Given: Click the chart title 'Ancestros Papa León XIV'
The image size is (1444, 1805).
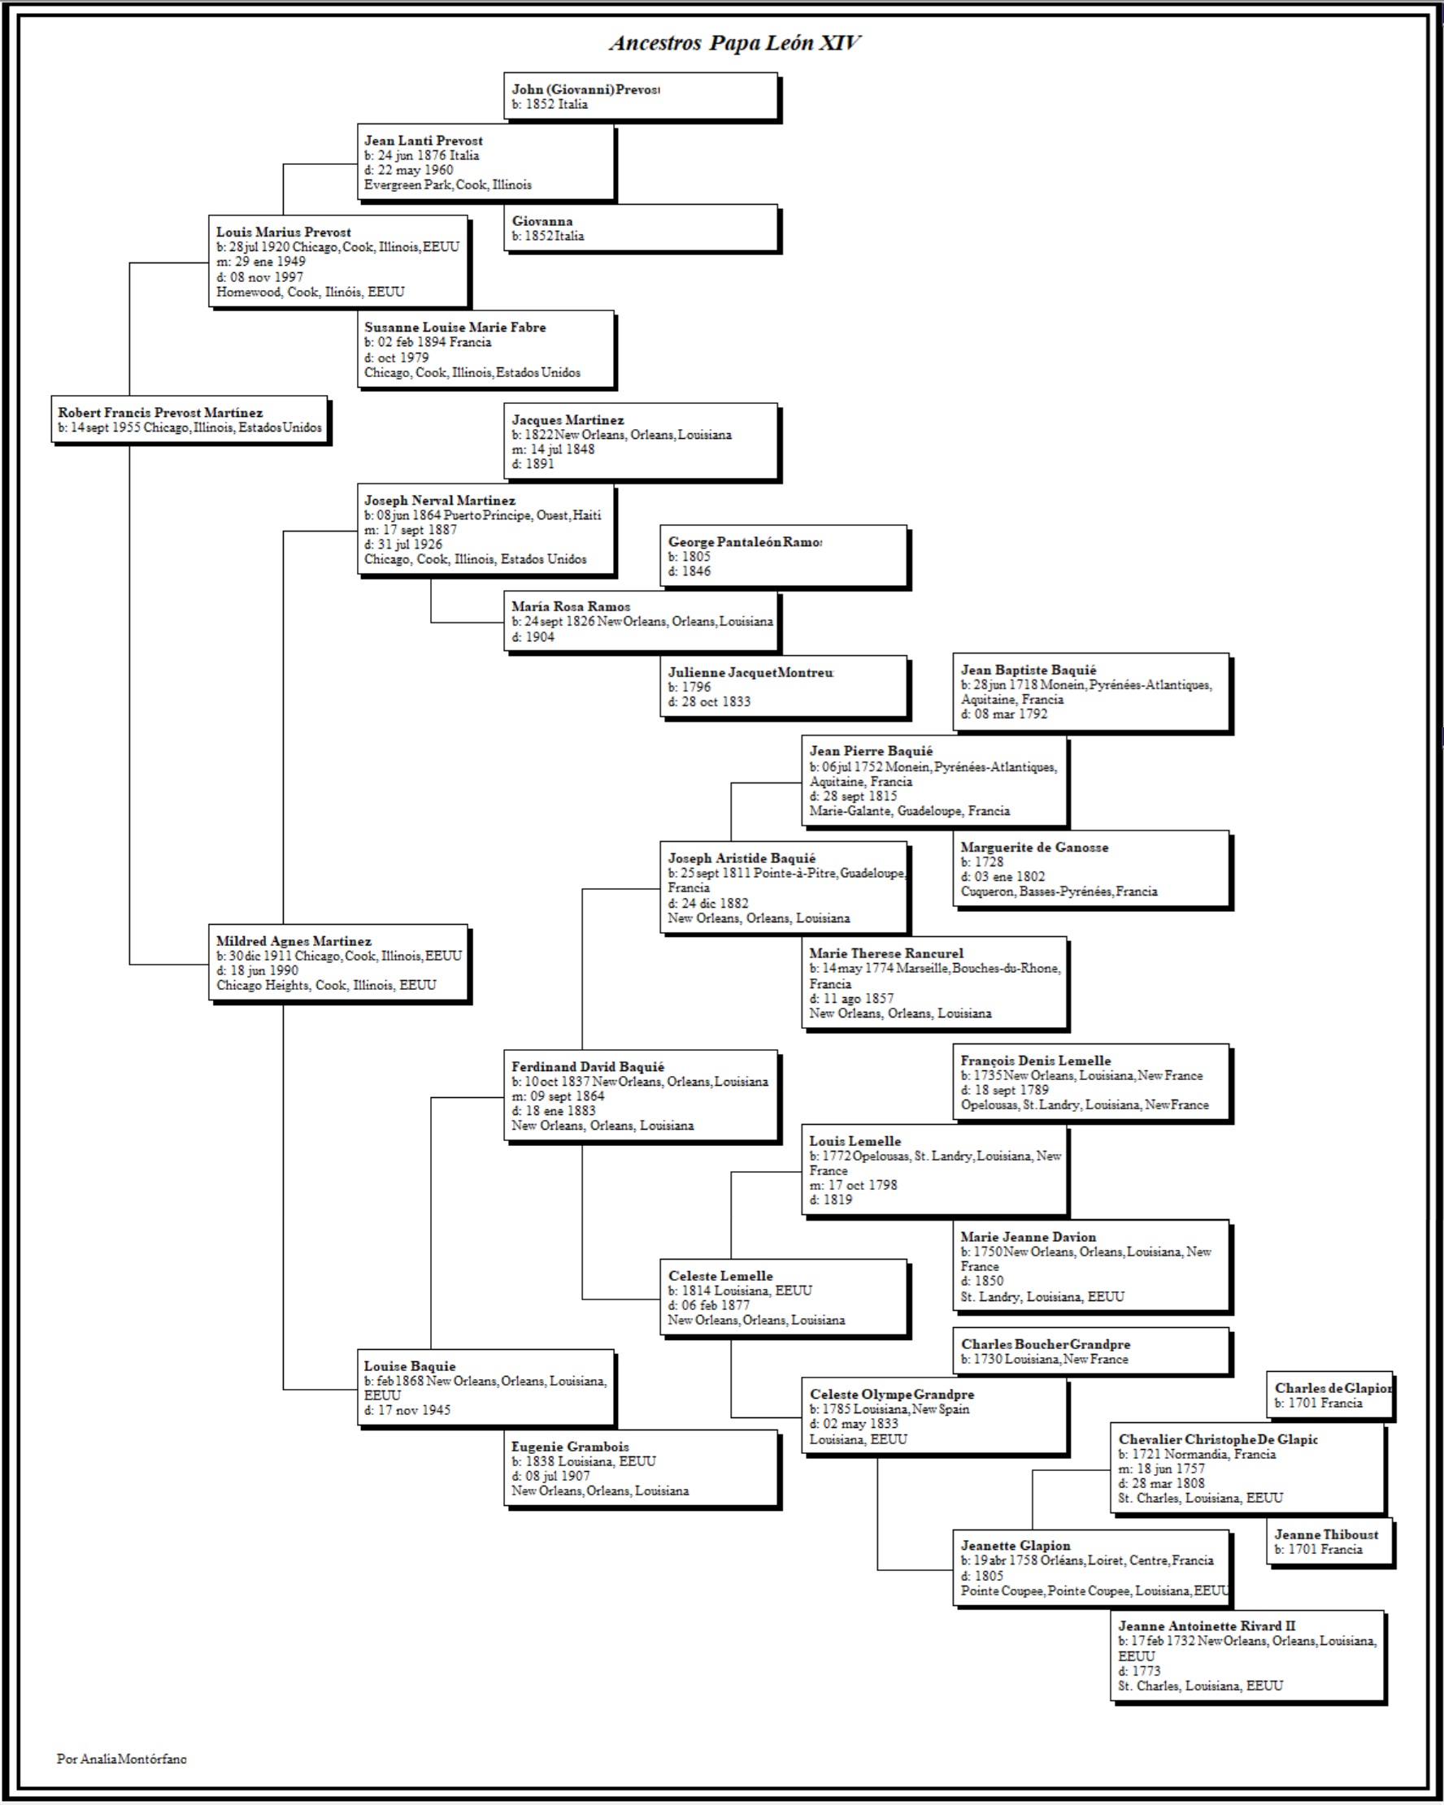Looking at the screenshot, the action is (x=734, y=43).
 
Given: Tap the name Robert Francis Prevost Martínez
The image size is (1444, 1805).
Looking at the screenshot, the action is (x=160, y=412).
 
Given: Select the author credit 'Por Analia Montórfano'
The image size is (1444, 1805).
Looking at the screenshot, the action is (x=121, y=1758).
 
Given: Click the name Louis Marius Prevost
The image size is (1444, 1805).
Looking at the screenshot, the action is (x=283, y=232).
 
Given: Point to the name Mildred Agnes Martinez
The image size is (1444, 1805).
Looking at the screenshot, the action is (x=294, y=940).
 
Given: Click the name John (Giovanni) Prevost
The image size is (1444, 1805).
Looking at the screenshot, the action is (x=585, y=89).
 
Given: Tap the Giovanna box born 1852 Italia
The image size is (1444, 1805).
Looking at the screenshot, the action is (x=641, y=228).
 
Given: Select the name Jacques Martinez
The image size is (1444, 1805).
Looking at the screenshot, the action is (x=568, y=419).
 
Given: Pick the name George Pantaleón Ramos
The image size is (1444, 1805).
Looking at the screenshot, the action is (x=745, y=542).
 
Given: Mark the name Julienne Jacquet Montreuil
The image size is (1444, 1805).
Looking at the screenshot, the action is (x=750, y=672).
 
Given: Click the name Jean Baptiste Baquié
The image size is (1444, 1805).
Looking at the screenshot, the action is (x=1028, y=669).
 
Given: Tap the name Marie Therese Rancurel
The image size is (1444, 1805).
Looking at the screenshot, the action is (x=886, y=952).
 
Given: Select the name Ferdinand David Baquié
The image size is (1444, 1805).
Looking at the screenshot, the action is (x=588, y=1065).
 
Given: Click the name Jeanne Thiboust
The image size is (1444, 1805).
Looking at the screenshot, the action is (x=1327, y=1534).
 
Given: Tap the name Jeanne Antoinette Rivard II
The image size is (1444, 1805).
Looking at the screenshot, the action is (x=1206, y=1625).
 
